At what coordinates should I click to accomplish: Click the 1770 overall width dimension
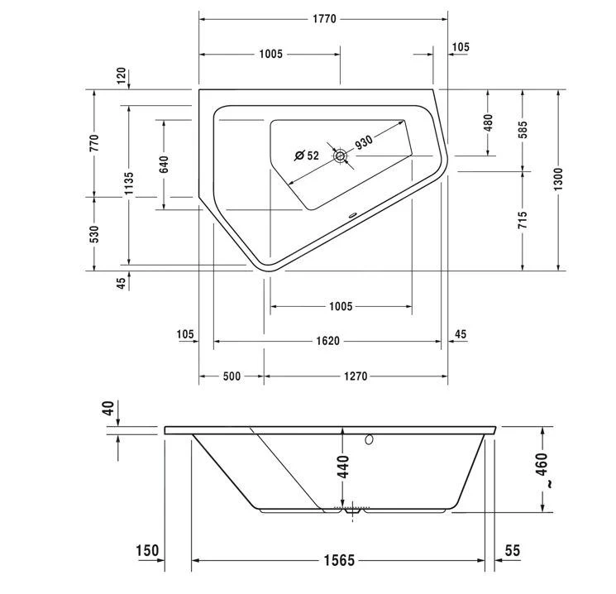click(x=324, y=19)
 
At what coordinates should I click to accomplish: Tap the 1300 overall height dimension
click(x=558, y=180)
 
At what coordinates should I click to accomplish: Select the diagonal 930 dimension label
click(x=364, y=142)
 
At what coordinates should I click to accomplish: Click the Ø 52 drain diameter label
click(x=307, y=156)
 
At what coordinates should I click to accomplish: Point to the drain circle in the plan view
click(x=340, y=156)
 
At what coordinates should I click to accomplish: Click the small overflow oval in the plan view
click(x=352, y=215)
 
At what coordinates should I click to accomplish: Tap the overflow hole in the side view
click(x=369, y=439)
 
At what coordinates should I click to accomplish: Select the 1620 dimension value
click(x=327, y=341)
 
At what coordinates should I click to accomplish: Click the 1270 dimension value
click(x=356, y=376)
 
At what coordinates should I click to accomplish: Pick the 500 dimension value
click(x=232, y=376)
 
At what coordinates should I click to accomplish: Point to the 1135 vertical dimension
click(x=129, y=184)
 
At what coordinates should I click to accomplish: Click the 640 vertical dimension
click(x=165, y=165)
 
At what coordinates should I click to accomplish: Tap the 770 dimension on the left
click(x=94, y=143)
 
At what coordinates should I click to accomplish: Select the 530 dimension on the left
click(x=94, y=234)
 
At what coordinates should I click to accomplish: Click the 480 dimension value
click(x=488, y=122)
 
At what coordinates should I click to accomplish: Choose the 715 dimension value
click(x=522, y=220)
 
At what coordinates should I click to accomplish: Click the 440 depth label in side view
click(x=342, y=467)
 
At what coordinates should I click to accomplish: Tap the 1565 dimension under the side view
click(x=339, y=560)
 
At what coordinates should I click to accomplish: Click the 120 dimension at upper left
click(x=122, y=75)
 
